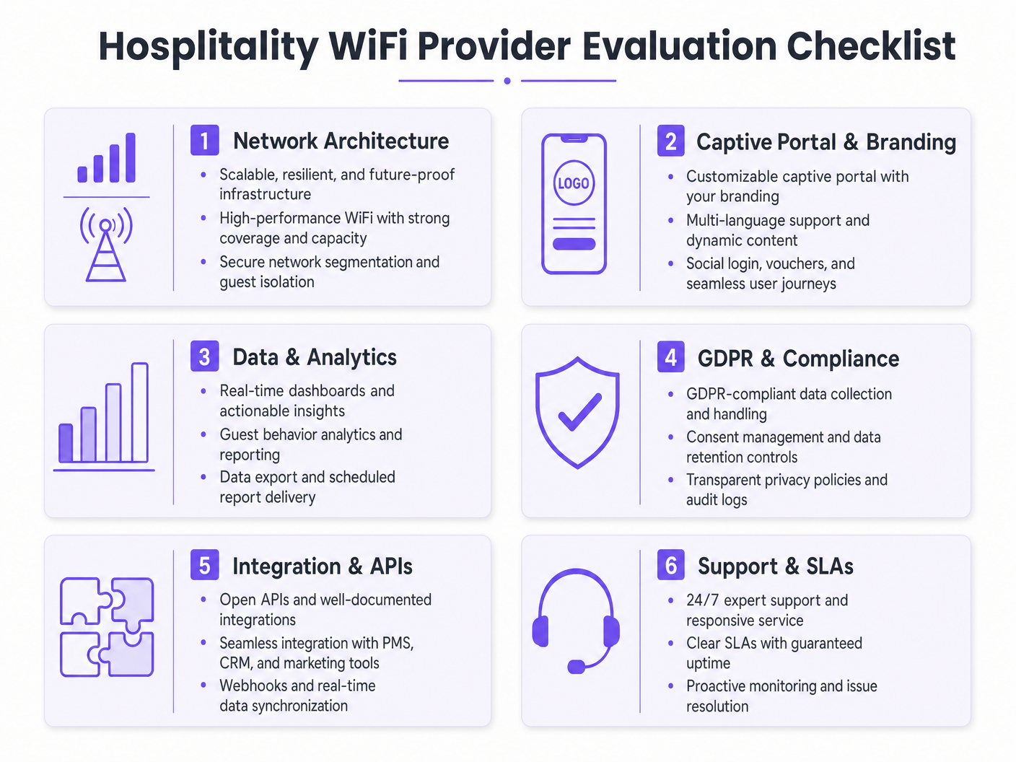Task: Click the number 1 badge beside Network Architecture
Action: tap(204, 141)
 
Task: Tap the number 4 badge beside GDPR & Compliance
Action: tap(670, 358)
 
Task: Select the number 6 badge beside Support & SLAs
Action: tap(670, 566)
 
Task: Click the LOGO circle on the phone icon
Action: tap(574, 183)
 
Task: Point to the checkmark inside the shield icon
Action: tap(579, 412)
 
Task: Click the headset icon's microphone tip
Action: tap(577, 667)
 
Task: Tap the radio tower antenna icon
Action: tap(106, 245)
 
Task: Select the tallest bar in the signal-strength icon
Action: tap(131, 157)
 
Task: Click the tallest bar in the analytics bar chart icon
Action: tap(140, 412)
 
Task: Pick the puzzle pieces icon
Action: tap(107, 627)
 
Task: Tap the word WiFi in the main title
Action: tap(368, 46)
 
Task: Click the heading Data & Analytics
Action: tap(315, 357)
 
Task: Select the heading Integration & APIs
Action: tap(323, 566)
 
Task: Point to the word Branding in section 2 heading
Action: tap(911, 142)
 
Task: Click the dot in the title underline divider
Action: tap(507, 81)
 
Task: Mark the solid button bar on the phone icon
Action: tap(574, 244)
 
